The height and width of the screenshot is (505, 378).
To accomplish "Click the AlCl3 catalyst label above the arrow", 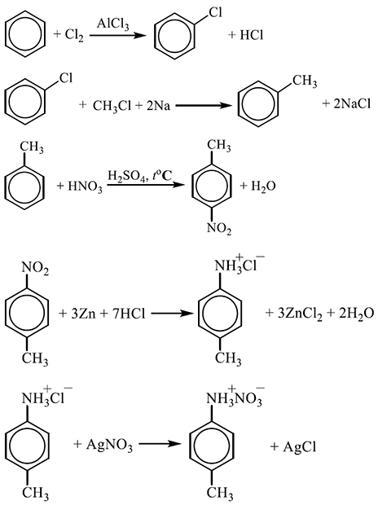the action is tap(112, 24).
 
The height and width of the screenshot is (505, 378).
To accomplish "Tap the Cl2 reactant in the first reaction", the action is tap(74, 35).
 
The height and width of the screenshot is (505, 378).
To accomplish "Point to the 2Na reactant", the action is tap(158, 105).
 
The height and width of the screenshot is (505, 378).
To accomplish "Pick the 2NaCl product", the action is tap(352, 103).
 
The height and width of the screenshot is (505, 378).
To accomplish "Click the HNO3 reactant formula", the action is tap(85, 187).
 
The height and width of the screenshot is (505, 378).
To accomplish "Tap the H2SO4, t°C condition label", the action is tap(139, 177).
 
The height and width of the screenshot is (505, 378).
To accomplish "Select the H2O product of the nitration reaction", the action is tap(263, 187).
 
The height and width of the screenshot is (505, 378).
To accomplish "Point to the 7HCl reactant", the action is tap(129, 314).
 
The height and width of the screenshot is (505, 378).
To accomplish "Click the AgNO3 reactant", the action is tap(109, 446).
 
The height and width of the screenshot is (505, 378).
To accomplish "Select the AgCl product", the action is tap(300, 446).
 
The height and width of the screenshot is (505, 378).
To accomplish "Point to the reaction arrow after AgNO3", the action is tap(159, 444).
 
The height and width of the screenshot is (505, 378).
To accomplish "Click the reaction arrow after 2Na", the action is tap(202, 105).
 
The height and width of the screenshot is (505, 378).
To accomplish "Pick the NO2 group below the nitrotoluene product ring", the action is tap(219, 228).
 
